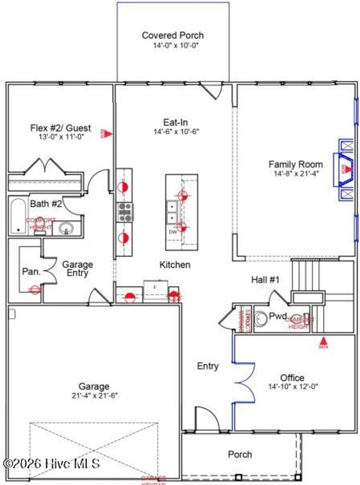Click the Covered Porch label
(173, 35)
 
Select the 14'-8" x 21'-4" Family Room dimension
(296, 173)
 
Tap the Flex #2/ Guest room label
(60, 128)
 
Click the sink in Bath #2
(65, 229)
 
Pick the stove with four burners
(125, 212)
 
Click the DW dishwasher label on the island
(173, 232)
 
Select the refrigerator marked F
(155, 290)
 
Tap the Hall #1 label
(265, 280)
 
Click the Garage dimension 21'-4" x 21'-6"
(94, 396)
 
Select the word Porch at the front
(240, 454)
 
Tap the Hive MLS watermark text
(51, 464)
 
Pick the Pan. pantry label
(31, 271)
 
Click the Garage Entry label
(77, 269)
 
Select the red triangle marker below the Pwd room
(323, 341)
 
